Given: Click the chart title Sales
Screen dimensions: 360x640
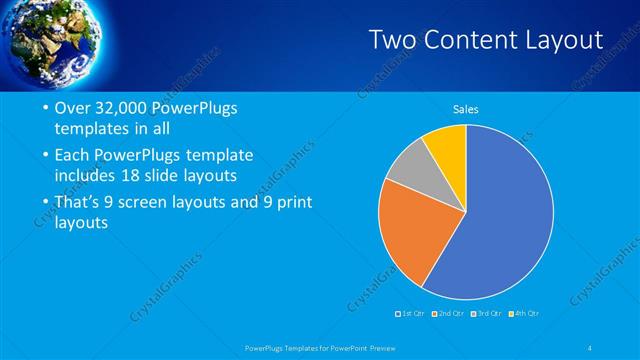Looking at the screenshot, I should click(x=466, y=108).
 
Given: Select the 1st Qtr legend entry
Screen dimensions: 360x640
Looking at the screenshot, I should click(x=412, y=314).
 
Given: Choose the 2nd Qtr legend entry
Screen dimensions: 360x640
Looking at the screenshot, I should click(x=451, y=314).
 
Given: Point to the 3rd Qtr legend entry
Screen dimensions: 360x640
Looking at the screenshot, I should click(x=489, y=314).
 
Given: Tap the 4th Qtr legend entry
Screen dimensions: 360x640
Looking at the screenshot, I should click(x=527, y=314).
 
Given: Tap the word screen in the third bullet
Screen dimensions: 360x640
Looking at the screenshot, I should click(x=147, y=202).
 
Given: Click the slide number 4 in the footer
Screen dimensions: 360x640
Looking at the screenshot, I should click(x=590, y=347).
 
